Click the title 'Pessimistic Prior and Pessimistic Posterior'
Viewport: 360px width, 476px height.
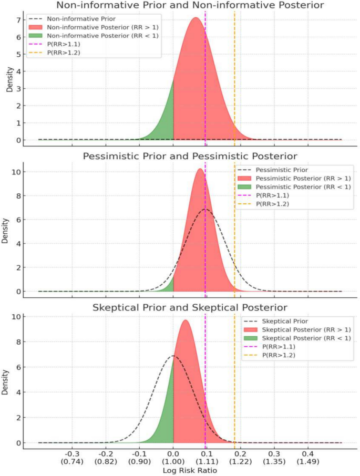click(x=190, y=156)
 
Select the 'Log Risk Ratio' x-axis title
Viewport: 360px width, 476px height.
click(x=190, y=470)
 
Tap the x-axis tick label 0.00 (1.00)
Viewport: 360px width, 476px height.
click(x=173, y=457)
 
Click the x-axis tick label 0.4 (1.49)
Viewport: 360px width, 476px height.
click(x=308, y=457)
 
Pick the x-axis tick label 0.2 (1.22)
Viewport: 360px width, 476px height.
click(x=241, y=457)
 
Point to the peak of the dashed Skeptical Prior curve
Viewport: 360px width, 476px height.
click(x=173, y=356)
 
